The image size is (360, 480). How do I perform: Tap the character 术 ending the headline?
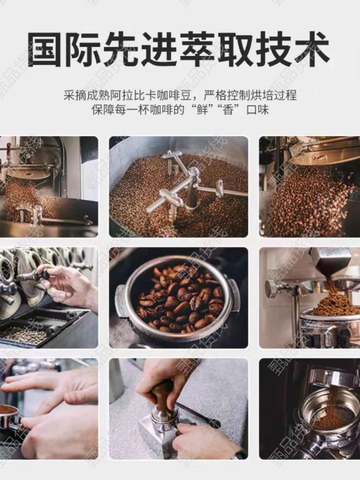pos(312,50)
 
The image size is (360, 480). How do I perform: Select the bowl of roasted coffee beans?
pos(178,298)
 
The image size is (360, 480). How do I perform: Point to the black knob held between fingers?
pos(44,273)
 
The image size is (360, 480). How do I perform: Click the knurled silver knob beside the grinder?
pos(271,289)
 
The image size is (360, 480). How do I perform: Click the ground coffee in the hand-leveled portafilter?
pos(7,409)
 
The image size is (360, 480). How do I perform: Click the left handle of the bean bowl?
pos(121,300)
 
